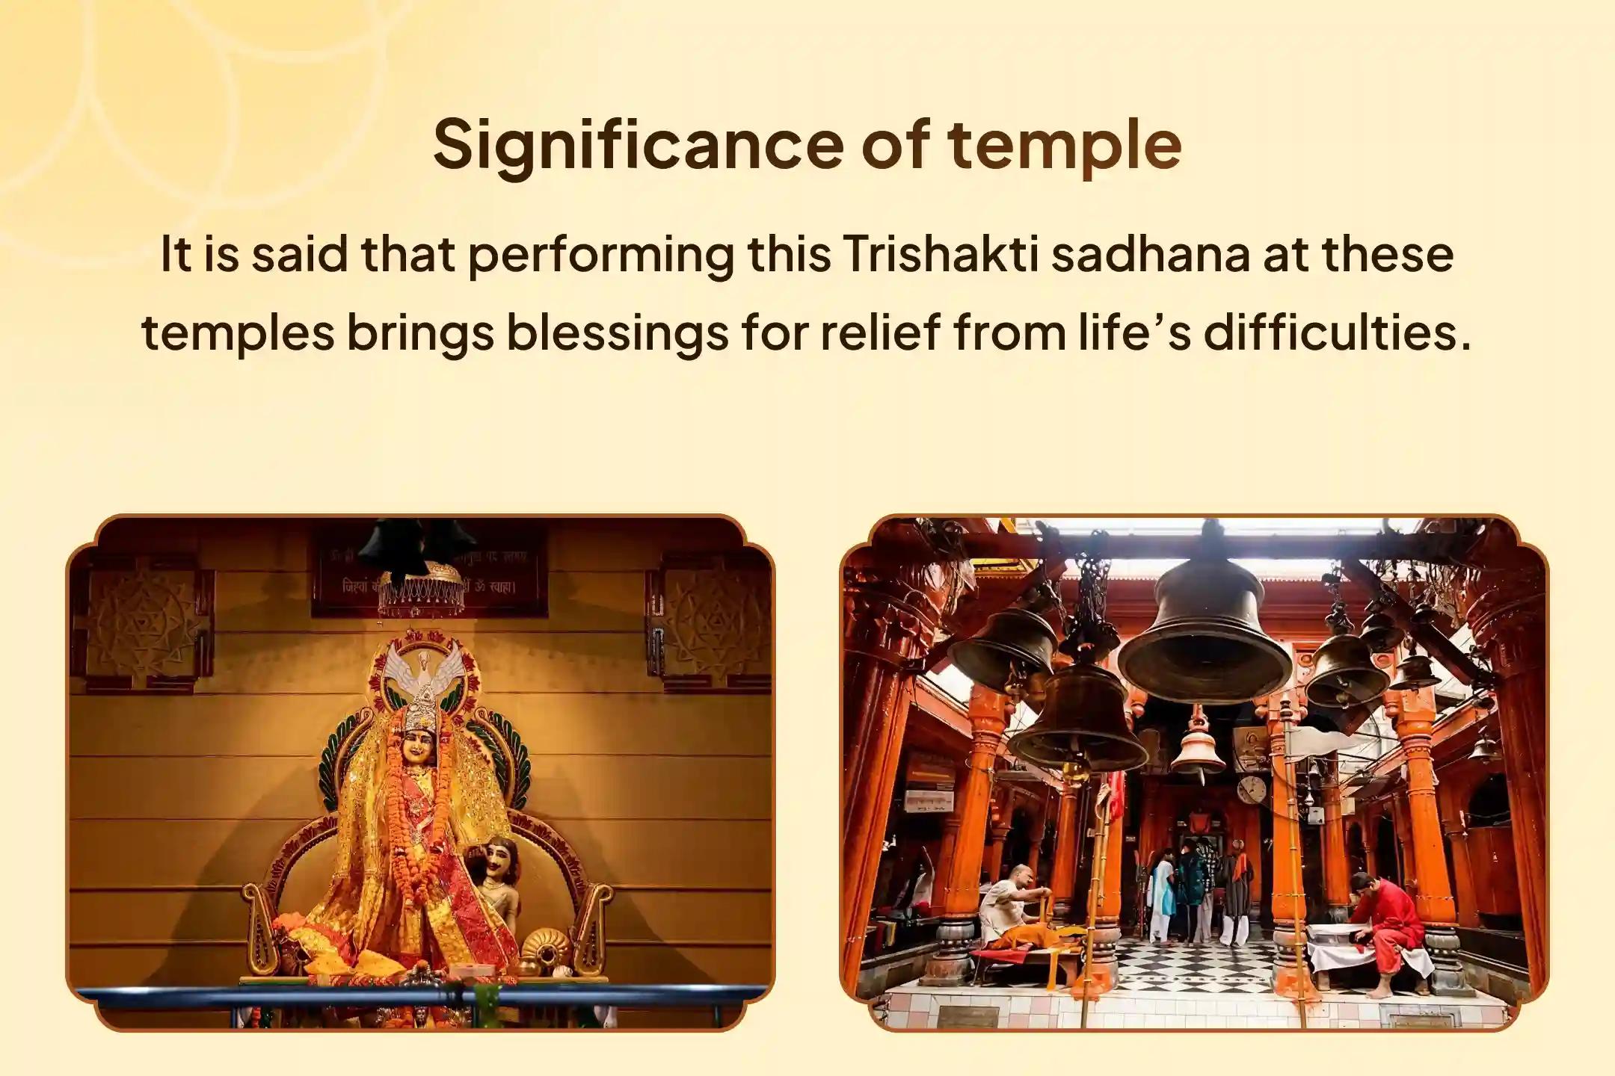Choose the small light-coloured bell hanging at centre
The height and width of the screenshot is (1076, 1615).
[1197, 748]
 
